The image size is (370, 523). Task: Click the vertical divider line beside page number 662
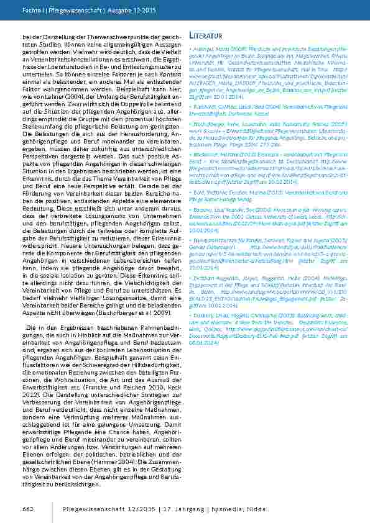coord(52,509)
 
